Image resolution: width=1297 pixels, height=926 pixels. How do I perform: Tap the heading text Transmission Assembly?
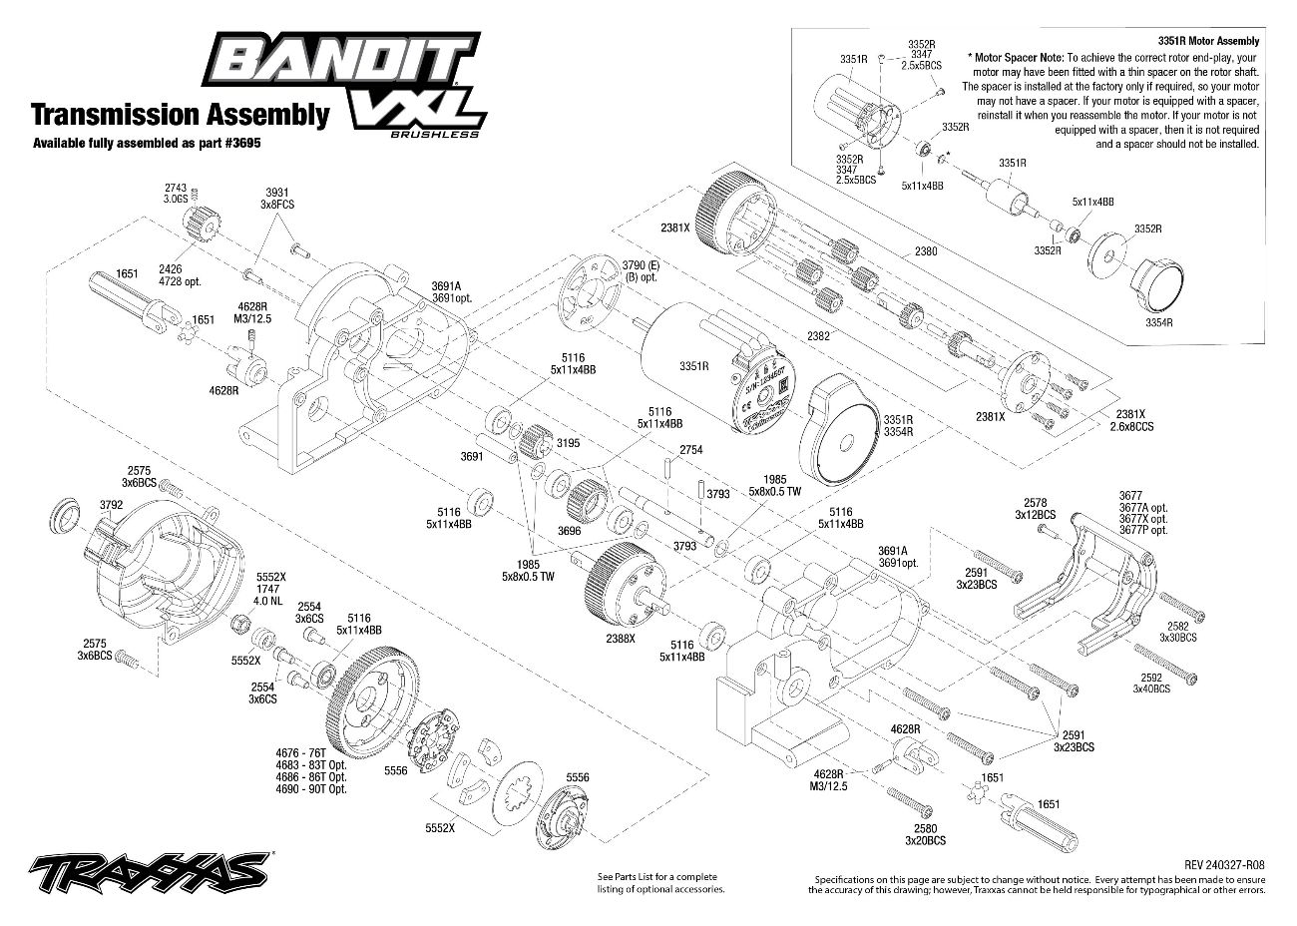click(180, 115)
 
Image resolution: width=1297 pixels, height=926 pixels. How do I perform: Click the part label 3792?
click(111, 505)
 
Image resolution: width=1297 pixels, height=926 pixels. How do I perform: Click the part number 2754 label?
click(690, 450)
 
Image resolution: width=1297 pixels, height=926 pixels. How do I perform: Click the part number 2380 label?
click(925, 251)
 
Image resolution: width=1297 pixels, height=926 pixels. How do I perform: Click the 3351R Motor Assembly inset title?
click(1208, 41)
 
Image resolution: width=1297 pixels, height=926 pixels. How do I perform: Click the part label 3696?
click(570, 531)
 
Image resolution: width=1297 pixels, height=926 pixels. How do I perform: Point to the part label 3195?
click(568, 442)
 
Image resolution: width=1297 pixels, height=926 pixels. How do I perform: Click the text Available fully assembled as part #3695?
click(146, 143)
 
